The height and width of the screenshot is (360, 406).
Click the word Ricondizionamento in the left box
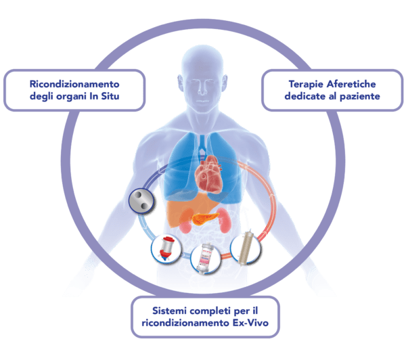click(74, 84)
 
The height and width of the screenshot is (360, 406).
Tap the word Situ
click(110, 96)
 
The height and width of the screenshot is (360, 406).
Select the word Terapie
click(307, 84)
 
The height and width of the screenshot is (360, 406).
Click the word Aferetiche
click(351, 84)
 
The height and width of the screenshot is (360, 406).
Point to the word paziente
click(360, 96)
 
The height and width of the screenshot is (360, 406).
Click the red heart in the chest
click(209, 174)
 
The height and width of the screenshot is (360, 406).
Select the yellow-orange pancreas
click(205, 219)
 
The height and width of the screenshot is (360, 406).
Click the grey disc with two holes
click(141, 201)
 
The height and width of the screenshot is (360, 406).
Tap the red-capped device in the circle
click(166, 248)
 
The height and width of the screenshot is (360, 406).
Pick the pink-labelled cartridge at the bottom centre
click(205, 257)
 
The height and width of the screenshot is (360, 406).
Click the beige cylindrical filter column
click(245, 247)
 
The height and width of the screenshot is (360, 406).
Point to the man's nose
click(202, 88)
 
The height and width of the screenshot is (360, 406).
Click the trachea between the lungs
click(202, 145)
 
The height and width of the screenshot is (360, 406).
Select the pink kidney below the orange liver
click(185, 226)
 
